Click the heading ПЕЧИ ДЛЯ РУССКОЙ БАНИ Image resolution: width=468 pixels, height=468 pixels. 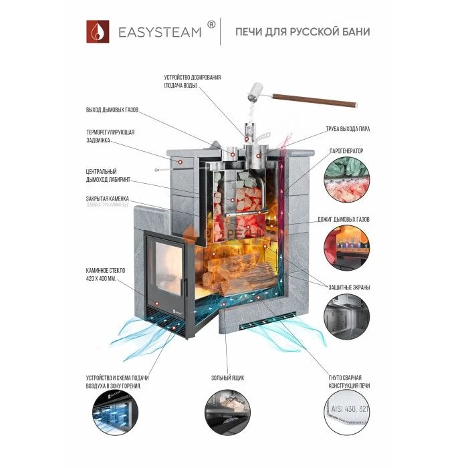tap(302, 32)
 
